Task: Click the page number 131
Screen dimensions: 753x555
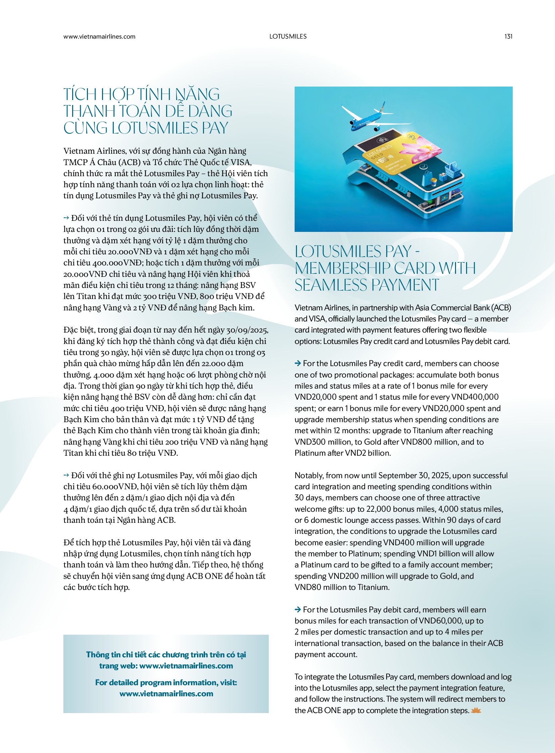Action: pyautogui.click(x=508, y=37)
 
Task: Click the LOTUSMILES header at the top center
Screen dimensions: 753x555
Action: pyautogui.click(x=288, y=37)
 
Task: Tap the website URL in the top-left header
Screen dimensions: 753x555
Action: pyautogui.click(x=99, y=37)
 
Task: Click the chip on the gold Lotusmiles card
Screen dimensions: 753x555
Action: pyautogui.click(x=381, y=160)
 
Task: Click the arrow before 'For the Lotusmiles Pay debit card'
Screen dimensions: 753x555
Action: pyautogui.click(x=298, y=609)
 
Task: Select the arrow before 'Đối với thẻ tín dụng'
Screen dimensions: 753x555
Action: pyautogui.click(x=66, y=218)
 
